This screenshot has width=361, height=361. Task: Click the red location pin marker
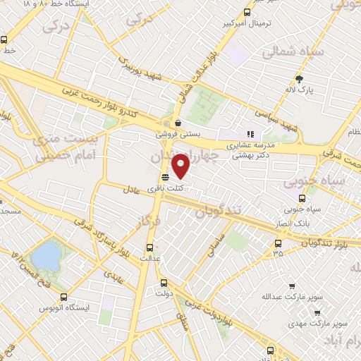click(x=182, y=166)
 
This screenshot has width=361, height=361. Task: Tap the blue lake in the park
click(x=45, y=255)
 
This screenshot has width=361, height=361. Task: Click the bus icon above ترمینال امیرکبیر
click(x=247, y=11)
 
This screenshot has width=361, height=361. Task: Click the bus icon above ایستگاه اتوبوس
click(x=64, y=297)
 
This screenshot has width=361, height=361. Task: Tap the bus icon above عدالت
click(x=149, y=247)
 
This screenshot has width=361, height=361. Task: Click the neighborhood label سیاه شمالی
click(x=293, y=53)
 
